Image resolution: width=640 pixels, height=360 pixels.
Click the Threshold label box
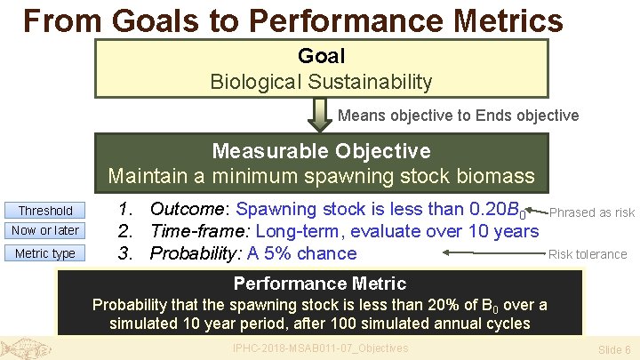coord(45,211)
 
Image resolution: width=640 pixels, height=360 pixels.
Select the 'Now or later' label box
coord(45,231)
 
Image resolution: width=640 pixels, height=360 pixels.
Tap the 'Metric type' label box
coord(45,253)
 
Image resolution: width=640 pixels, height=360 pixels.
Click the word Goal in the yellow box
coord(321,56)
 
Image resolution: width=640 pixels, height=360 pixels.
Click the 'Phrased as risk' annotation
coord(592,212)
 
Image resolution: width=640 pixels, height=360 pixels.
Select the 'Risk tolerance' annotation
coord(588,254)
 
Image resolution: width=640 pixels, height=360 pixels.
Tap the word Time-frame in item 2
coord(200,231)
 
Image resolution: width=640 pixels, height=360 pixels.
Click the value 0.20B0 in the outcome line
coord(495,211)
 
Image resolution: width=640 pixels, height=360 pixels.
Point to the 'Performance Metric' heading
coord(319,284)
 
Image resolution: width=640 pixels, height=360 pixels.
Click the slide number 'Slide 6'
coord(614,349)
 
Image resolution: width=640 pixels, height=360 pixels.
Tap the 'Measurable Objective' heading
coord(321,151)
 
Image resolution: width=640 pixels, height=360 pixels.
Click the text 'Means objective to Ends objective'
coord(458,116)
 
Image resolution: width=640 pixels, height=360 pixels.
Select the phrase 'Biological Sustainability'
coord(321,82)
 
